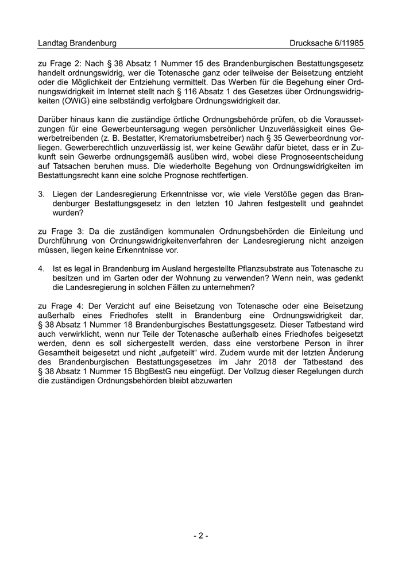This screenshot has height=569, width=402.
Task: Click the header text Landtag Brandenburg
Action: [77, 43]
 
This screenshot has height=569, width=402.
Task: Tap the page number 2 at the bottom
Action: [200, 536]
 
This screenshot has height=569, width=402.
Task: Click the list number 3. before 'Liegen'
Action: [41, 194]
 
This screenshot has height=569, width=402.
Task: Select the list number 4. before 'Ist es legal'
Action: [41, 268]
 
